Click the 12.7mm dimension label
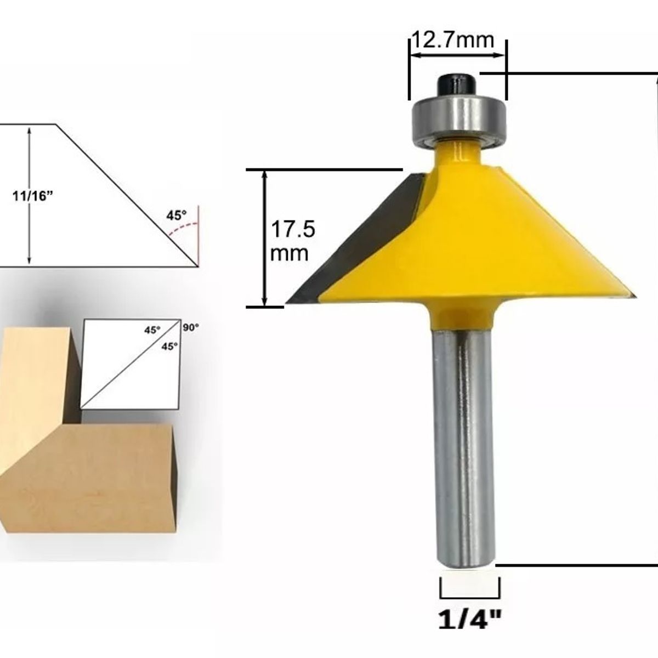pyautogui.click(x=453, y=40)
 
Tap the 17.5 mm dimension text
pyautogui.click(x=293, y=241)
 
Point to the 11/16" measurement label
pyautogui.click(x=33, y=196)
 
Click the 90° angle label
pyautogui.click(x=190, y=327)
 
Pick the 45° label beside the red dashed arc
pyautogui.click(x=177, y=215)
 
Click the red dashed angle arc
pyautogui.click(x=182, y=228)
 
